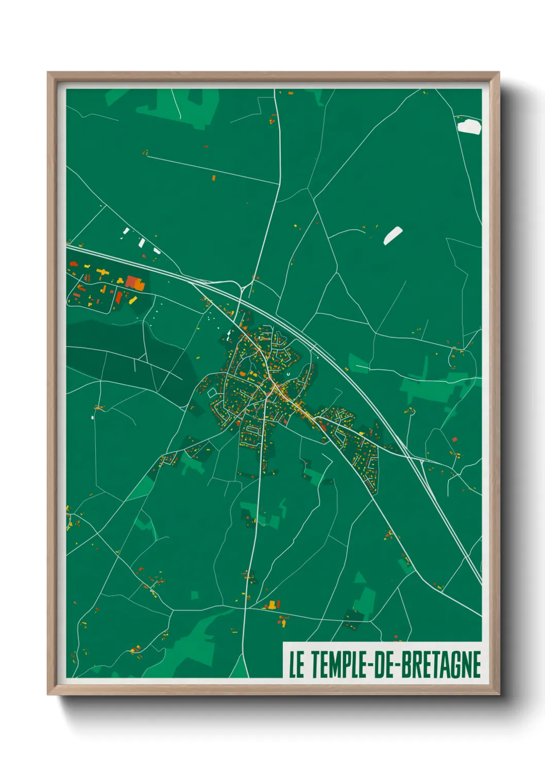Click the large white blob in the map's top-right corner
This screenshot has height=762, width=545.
click(x=469, y=126)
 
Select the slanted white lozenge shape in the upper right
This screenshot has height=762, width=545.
click(x=393, y=235)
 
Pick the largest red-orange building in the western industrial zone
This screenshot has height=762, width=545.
click(x=133, y=282)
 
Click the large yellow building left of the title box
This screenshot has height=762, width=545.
click(x=272, y=604)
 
